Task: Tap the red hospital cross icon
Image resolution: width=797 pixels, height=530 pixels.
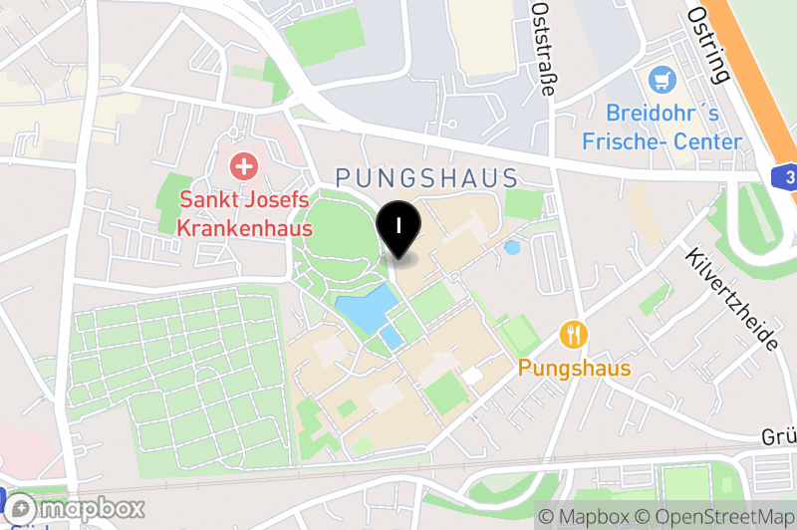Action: pyautogui.click(x=242, y=165)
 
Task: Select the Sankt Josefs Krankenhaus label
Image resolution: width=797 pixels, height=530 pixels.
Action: pyautogui.click(x=244, y=213)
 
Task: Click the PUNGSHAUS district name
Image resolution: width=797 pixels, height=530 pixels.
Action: pyautogui.click(x=426, y=178)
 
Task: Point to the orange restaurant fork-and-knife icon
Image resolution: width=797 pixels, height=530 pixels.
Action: pyautogui.click(x=573, y=334)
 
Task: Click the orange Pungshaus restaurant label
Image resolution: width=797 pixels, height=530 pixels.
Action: pyautogui.click(x=574, y=369)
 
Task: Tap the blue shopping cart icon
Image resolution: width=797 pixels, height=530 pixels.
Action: pyautogui.click(x=660, y=79)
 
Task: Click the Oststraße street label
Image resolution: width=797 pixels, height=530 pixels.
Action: pyautogui.click(x=543, y=47)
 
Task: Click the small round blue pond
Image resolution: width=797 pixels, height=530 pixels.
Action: pyautogui.click(x=512, y=247)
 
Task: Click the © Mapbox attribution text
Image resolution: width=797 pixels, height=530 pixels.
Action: pyautogui.click(x=585, y=516)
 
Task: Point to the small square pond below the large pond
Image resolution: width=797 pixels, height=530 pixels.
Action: pyautogui.click(x=391, y=338)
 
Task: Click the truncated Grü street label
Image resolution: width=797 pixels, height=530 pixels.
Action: pyautogui.click(x=777, y=437)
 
